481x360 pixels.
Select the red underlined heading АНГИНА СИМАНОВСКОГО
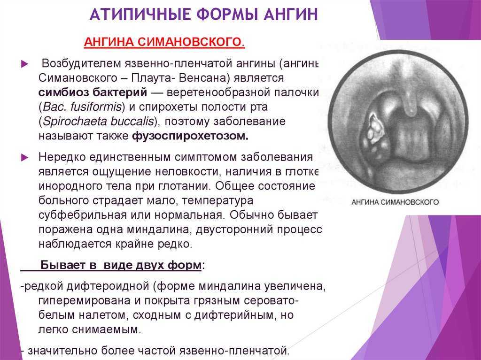164,42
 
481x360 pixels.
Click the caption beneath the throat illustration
395,202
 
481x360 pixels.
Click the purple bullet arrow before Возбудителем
24,64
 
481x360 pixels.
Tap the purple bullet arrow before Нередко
24,158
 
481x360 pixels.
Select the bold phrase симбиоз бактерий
93,92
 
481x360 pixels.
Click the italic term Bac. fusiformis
82,107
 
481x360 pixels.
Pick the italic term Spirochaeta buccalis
98,122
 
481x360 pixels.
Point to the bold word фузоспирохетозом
190,136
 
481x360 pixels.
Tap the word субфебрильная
83,215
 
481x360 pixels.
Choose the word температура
217,201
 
